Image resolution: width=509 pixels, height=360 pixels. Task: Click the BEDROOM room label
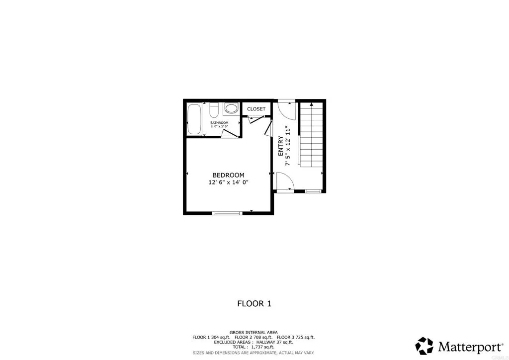click(228, 175)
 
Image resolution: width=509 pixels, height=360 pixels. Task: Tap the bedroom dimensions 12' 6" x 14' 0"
click(228, 182)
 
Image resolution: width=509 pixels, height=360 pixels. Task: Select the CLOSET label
click(256, 109)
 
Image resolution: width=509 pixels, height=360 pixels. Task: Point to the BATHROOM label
click(219, 123)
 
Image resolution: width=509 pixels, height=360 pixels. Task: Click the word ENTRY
click(281, 147)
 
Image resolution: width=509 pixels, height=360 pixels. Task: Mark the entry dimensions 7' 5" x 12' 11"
click(288, 147)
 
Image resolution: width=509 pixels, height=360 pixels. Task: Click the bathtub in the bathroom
click(194, 119)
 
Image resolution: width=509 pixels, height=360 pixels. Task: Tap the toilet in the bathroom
click(214, 109)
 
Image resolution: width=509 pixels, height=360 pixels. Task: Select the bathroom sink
click(231, 108)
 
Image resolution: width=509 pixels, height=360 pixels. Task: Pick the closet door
click(255, 119)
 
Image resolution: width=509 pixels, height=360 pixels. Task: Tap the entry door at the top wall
click(286, 108)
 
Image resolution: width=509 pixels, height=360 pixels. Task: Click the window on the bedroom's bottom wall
click(227, 213)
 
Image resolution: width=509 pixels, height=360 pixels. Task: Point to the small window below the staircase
click(313, 191)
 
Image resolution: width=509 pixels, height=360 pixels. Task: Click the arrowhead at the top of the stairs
click(311, 104)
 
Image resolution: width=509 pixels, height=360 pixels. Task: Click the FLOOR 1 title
click(254, 303)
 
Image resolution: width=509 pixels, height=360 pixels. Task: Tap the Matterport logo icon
click(424, 346)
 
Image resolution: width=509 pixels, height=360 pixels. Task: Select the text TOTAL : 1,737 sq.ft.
click(254, 347)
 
